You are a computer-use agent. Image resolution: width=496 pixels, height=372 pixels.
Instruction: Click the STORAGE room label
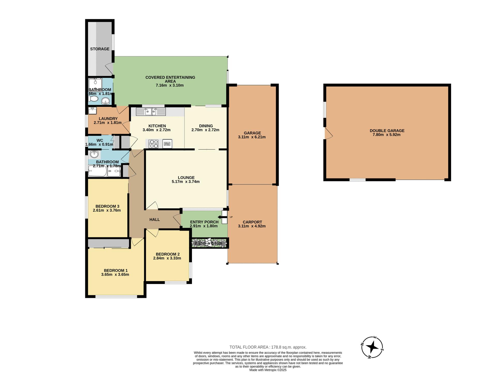coord(100,49)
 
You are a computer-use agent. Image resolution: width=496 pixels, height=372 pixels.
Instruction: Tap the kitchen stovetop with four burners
coord(154,144)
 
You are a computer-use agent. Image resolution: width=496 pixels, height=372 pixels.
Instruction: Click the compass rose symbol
coord(372,347)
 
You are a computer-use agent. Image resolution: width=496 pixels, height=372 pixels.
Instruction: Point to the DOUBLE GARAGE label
coord(387,131)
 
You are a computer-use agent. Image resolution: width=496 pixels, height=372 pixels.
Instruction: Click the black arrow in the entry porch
coord(220,217)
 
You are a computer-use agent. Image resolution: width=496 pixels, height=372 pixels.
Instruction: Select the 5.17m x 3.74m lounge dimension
coord(185,182)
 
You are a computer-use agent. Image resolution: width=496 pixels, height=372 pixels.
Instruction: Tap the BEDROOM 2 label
coord(168,254)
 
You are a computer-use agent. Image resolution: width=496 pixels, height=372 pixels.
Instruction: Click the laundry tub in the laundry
coord(92,111)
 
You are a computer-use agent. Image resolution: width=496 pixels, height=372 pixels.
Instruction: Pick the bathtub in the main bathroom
coord(97,171)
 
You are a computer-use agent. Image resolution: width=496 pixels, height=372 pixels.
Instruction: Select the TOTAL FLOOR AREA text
coord(268,347)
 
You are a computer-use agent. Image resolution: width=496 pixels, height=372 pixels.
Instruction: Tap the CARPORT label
coord(252,222)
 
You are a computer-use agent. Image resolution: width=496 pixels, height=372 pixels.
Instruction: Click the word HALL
coord(154,220)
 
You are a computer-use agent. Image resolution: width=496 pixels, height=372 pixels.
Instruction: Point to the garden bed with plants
coord(209,243)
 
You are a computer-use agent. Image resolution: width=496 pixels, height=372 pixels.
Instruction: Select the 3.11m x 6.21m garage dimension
coord(252,137)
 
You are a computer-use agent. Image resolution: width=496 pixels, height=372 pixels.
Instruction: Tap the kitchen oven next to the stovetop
coord(167,144)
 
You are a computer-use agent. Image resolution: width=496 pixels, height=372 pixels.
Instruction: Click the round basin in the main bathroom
coord(94,154)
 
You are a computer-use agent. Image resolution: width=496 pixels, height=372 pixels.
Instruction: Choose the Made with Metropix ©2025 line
coord(268,370)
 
